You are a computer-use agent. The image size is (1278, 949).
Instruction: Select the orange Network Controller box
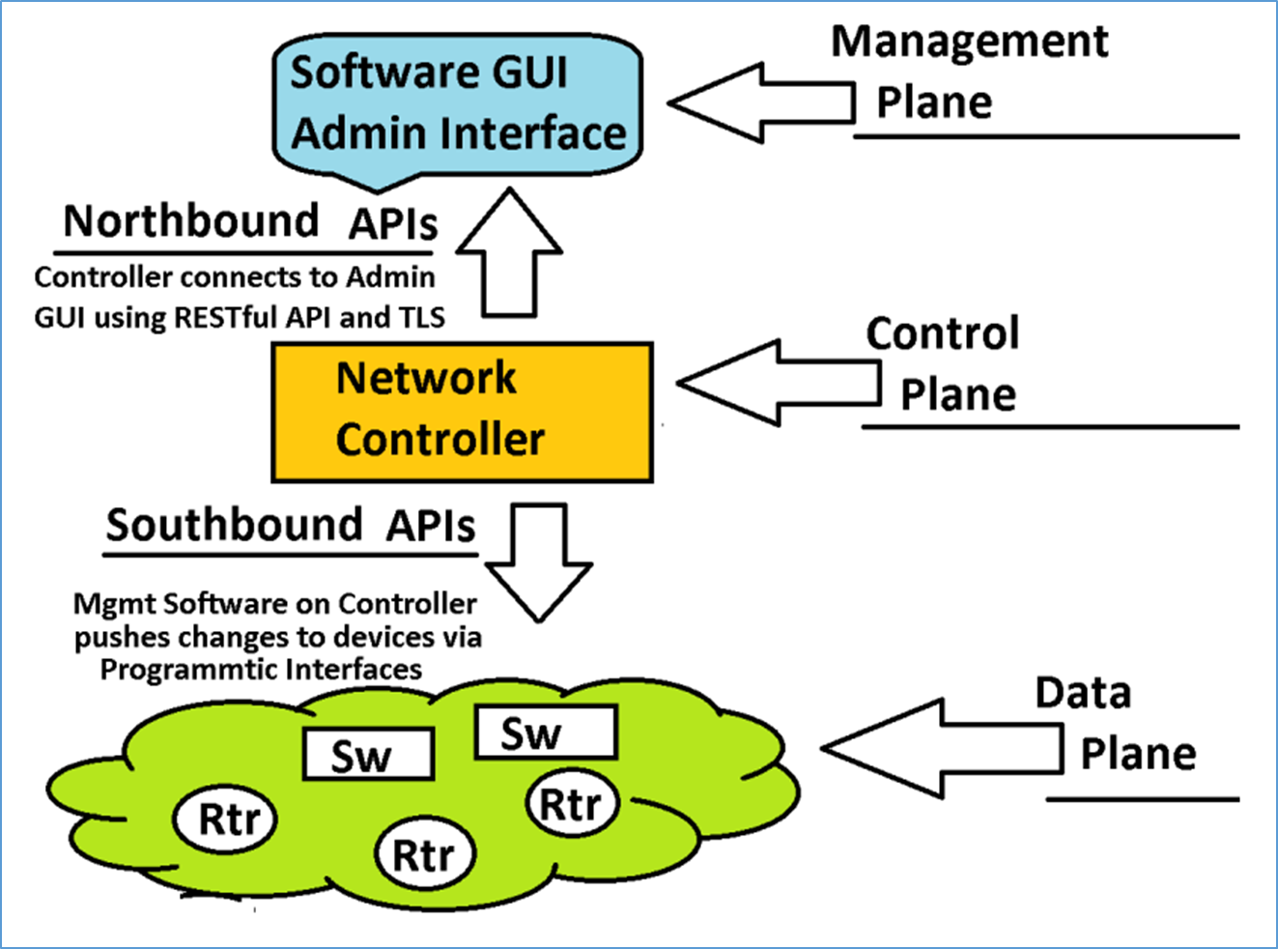tap(462, 412)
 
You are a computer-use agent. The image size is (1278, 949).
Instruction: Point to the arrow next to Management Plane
tap(761, 102)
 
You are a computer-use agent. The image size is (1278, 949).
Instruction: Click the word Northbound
tap(190, 221)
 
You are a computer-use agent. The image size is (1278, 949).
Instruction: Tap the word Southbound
tap(234, 525)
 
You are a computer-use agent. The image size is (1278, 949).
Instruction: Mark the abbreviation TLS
tap(422, 318)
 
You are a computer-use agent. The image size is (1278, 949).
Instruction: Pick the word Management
tap(970, 42)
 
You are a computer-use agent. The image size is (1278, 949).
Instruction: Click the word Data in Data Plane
tap(1083, 693)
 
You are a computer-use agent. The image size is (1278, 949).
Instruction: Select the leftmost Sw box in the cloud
tap(367, 754)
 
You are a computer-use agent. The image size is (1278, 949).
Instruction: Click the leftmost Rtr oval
tap(225, 820)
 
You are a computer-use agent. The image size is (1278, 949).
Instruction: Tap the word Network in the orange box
tap(426, 378)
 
